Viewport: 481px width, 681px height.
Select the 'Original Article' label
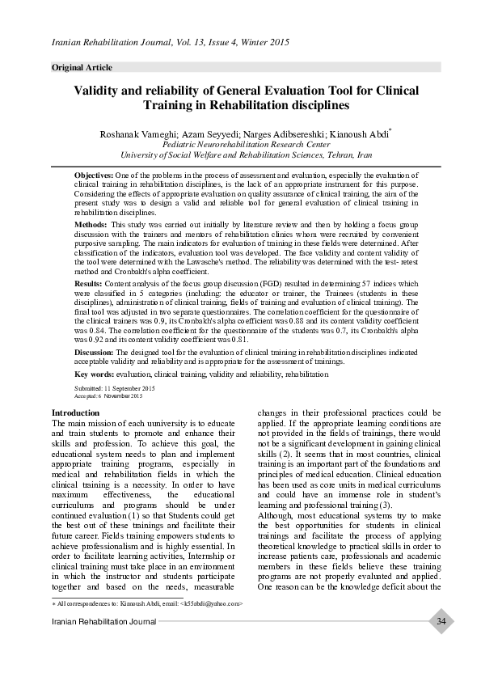82,67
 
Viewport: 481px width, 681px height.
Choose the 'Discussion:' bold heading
95,353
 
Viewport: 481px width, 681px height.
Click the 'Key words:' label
95,375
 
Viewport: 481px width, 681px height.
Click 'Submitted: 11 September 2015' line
109,389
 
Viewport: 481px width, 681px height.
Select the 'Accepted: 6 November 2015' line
108,396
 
